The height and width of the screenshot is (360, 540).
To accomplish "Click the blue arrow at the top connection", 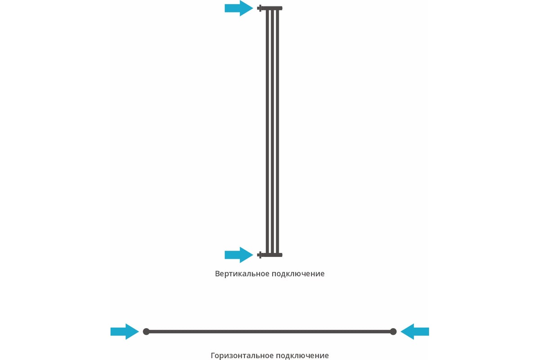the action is [x=238, y=8].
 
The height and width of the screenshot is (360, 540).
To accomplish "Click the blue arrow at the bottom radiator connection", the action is [x=238, y=255].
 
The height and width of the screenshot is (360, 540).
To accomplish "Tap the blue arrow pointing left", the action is [x=414, y=332].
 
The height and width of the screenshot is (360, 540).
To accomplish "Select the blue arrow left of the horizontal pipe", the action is [x=125, y=332].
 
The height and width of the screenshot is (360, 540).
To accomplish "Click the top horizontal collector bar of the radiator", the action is [x=272, y=8].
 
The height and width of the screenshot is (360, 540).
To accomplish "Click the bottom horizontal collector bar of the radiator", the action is [x=272, y=255].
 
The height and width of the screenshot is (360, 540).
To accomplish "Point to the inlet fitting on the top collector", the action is [x=259, y=8].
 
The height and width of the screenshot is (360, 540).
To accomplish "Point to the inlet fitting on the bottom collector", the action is [x=259, y=255].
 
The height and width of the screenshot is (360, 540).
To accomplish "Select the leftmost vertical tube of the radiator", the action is [x=267, y=131].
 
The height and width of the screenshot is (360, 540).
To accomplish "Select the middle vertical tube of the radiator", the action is [x=272, y=131].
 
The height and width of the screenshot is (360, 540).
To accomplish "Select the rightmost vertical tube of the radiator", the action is [x=278, y=131].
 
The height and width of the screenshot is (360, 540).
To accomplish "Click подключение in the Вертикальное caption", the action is [x=298, y=274].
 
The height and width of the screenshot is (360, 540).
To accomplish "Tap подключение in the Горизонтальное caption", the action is [x=302, y=355].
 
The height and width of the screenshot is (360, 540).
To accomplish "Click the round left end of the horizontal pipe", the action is [x=146, y=332].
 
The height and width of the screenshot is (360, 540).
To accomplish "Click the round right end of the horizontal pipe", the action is [x=393, y=332].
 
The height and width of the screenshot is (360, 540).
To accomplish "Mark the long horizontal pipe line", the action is [x=270, y=332].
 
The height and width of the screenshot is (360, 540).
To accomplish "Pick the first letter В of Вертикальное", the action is [x=217, y=274].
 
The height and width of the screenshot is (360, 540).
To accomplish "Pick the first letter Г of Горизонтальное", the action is [x=213, y=355].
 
